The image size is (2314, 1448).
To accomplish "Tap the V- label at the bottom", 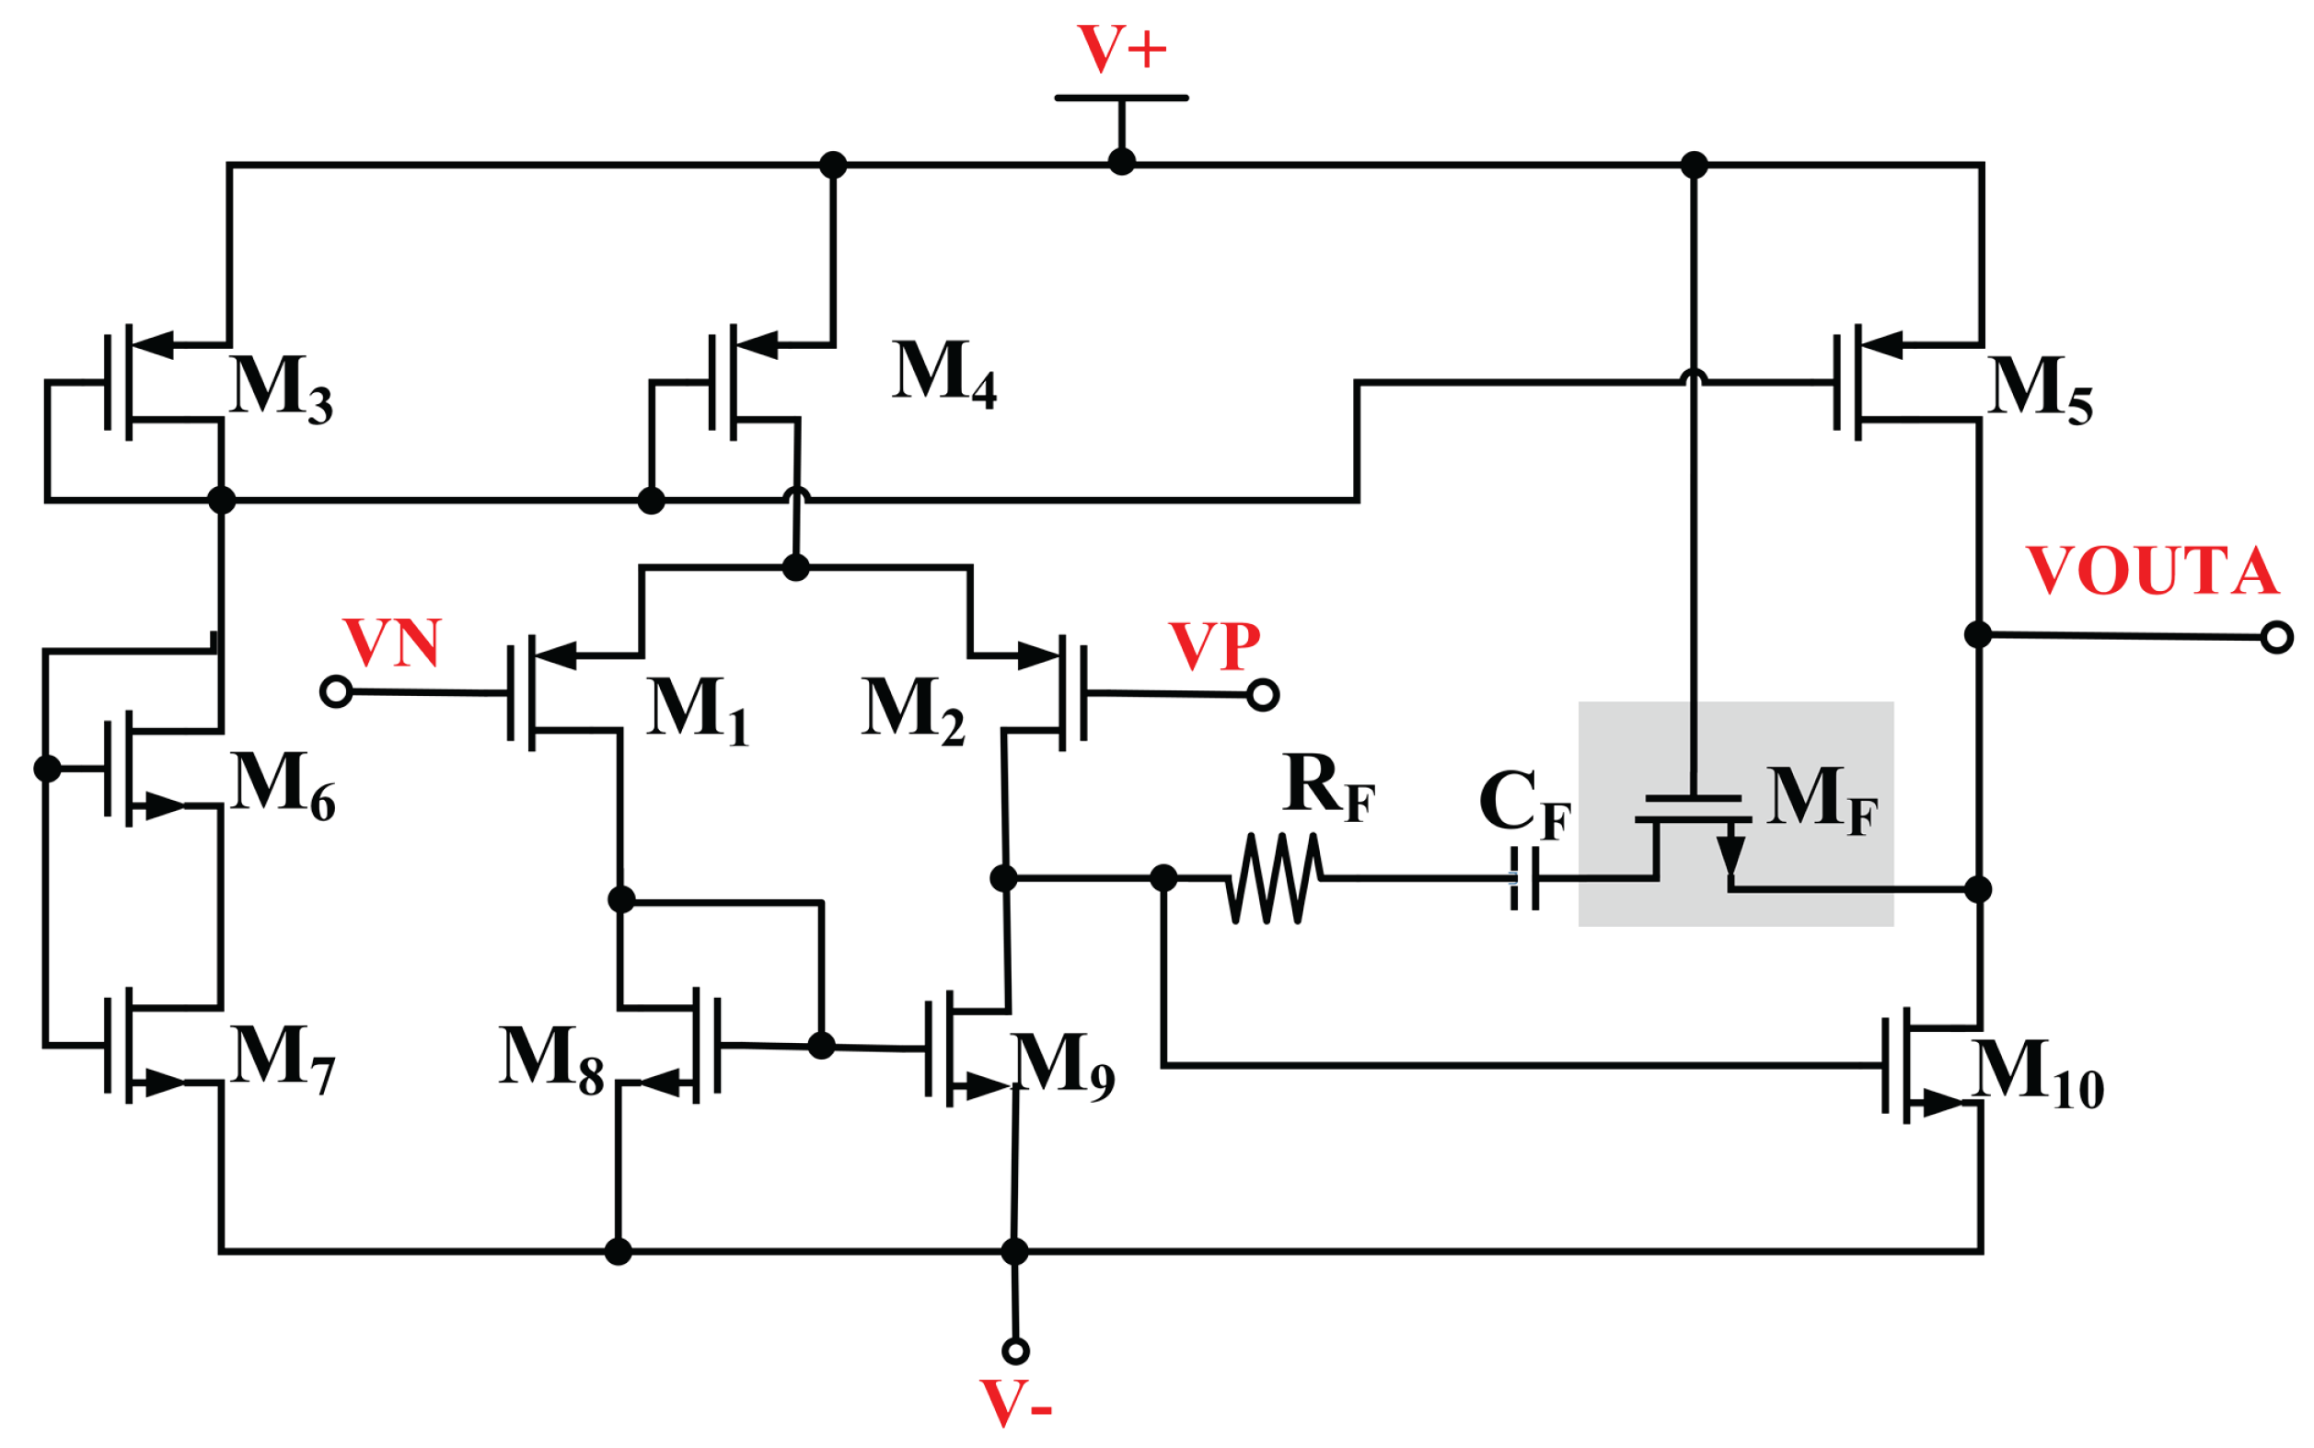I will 1016,1404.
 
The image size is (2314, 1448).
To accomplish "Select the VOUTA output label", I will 2151,571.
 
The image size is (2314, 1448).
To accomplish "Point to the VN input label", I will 391,643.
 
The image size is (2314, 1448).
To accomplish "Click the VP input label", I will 1214,646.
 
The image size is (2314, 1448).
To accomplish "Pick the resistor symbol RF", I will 1275,878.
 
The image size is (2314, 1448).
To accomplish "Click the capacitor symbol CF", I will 1524,878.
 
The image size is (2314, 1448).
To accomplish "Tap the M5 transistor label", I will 2039,388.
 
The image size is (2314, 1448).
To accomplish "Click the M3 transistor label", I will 282,388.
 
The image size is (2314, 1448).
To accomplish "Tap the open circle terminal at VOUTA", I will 2276,637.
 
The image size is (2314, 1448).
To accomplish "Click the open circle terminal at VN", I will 336,690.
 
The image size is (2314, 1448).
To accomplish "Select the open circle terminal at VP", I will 1263,694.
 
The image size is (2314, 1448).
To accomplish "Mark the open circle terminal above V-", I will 1016,1351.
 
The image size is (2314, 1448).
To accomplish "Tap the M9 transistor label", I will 1063,1065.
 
